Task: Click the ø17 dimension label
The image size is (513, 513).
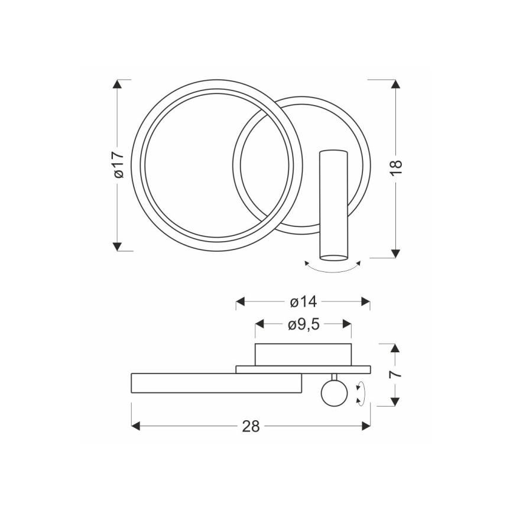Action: tap(118, 165)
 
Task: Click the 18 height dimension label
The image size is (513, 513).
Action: tap(396, 167)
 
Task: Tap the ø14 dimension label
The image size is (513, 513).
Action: tap(303, 301)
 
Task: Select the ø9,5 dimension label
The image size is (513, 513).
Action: tap(303, 324)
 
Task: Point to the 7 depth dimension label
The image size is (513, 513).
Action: tap(396, 374)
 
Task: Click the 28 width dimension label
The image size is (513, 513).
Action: tap(251, 426)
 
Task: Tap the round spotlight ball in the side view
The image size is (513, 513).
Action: tap(333, 394)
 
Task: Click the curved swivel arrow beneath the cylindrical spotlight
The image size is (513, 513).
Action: tap(332, 268)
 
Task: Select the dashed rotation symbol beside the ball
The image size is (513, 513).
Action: tap(361, 394)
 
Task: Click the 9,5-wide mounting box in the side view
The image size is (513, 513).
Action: tap(303, 354)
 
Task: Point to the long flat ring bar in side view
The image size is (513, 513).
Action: tap(216, 383)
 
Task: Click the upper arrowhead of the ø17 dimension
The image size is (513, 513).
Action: tap(118, 84)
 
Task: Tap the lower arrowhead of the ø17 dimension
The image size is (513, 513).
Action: tap(118, 246)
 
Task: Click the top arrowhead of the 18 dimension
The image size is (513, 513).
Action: tap(396, 84)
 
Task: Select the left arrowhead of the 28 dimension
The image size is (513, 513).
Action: tap(135, 426)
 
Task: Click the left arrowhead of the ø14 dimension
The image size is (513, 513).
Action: tap(241, 301)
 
